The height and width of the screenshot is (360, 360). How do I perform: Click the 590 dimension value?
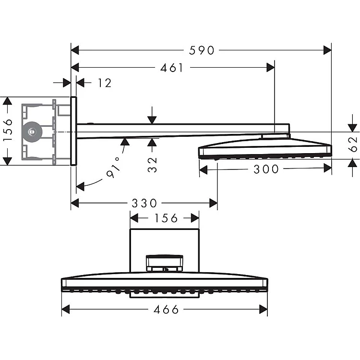[201, 50]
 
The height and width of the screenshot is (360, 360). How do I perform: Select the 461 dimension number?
[172, 68]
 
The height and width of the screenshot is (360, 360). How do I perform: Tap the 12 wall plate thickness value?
[105, 83]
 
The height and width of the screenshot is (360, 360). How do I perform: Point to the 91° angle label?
[113, 168]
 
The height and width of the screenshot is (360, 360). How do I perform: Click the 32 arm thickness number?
[152, 165]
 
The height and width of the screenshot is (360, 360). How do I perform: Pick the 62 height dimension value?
[353, 144]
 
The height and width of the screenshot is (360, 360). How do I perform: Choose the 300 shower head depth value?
[266, 169]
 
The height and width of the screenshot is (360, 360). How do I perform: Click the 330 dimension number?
[144, 203]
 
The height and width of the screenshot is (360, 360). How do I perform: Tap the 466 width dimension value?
[166, 310]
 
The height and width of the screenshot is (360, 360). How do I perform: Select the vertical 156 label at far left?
[8, 130]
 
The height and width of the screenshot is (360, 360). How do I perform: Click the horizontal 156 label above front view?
[166, 218]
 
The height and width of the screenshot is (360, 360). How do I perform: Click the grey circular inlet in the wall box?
[32, 132]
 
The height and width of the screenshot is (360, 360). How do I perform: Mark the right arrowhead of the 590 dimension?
[327, 50]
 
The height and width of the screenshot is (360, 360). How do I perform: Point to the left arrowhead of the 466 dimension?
[66, 309]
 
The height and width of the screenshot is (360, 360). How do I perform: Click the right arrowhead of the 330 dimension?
[213, 203]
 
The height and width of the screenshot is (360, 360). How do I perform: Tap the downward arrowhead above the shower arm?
[152, 120]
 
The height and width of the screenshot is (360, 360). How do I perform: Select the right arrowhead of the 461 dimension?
[270, 68]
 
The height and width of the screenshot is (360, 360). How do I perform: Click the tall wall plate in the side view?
[73, 131]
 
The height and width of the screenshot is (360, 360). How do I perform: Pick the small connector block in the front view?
[165, 264]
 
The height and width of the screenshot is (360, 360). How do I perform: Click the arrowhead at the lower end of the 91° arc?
[80, 186]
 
